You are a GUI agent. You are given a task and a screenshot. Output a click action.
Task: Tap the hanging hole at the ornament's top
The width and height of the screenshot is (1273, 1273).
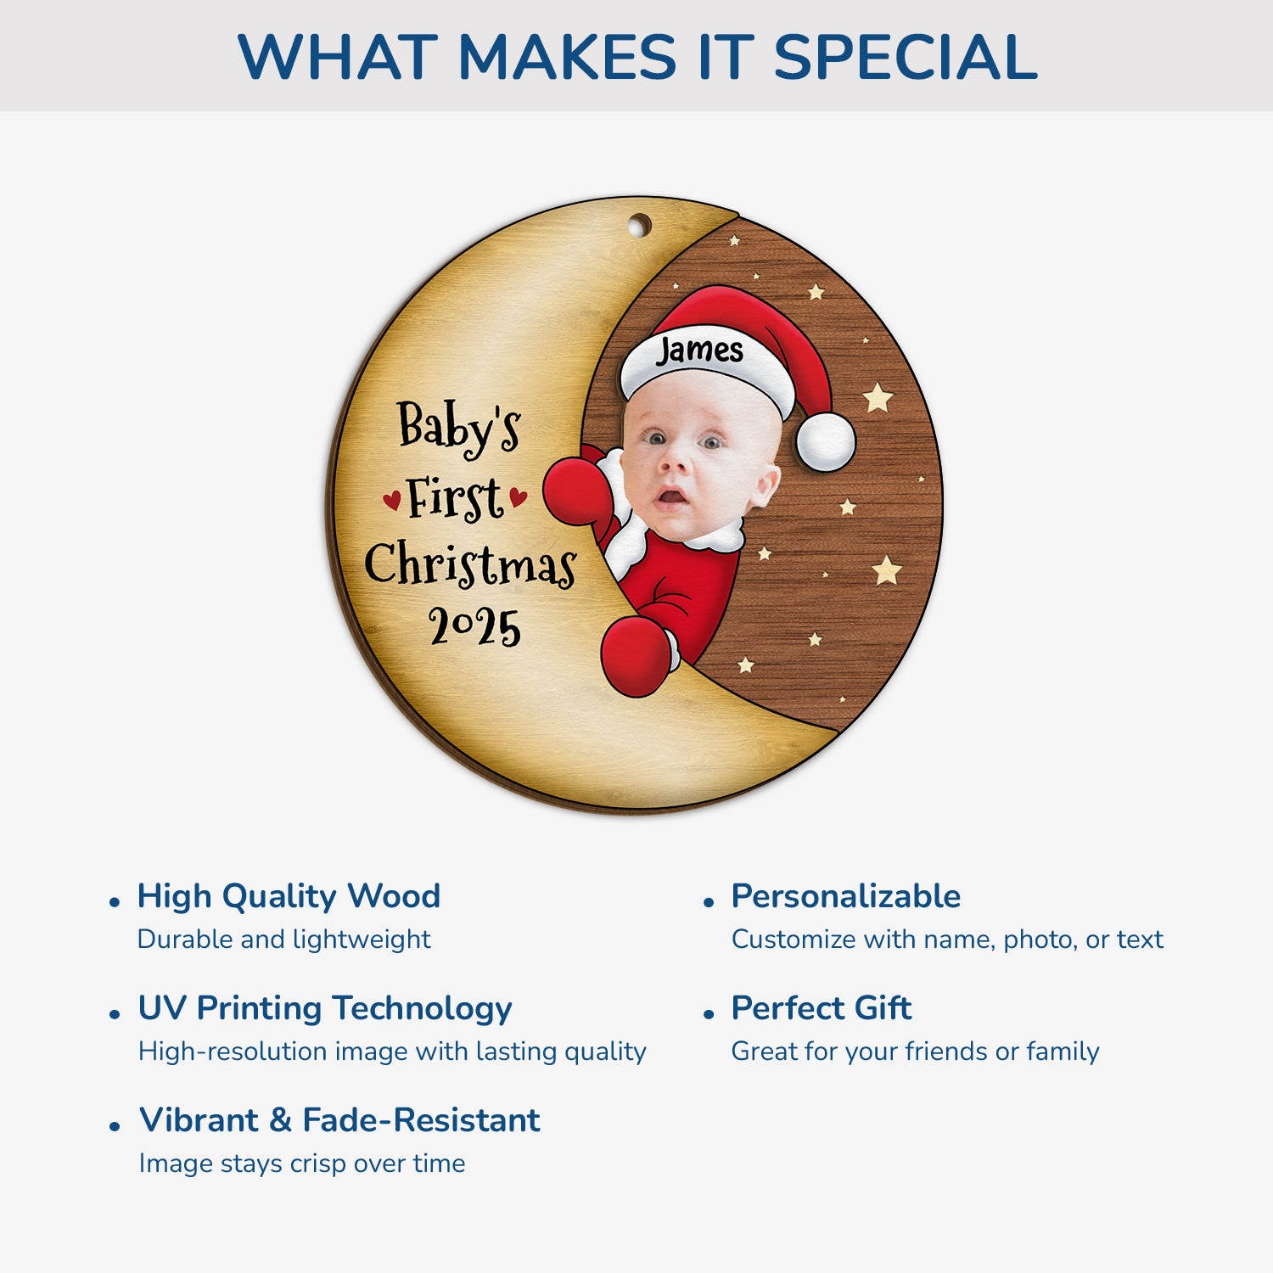point(639,226)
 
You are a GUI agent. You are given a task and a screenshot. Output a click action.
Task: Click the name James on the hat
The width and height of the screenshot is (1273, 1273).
point(699,350)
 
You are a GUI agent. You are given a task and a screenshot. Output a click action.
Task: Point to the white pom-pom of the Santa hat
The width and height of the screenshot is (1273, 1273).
point(826,441)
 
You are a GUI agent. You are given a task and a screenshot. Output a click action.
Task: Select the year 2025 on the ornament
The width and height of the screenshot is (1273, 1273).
point(474,627)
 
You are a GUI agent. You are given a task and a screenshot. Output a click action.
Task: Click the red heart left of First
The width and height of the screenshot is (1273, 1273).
point(391,500)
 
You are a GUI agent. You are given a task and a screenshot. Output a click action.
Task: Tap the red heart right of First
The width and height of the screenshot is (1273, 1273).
point(518,497)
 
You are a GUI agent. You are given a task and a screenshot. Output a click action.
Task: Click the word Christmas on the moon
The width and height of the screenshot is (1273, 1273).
point(470,564)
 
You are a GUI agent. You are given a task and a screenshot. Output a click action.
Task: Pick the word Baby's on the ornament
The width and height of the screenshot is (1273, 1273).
point(458,427)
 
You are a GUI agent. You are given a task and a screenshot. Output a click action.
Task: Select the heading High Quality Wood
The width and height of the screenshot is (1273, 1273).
point(289,896)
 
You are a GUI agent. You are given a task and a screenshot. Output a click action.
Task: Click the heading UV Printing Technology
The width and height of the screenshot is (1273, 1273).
point(325,1008)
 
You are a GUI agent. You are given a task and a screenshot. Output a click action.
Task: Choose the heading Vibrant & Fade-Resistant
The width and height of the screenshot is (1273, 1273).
point(339,1120)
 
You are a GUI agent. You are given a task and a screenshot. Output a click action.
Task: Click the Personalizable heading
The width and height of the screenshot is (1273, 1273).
point(845,896)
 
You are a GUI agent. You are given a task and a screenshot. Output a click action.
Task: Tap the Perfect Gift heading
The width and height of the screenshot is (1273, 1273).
point(821,1008)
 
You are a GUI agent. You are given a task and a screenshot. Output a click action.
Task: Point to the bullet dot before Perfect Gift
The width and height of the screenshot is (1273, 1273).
point(709,1014)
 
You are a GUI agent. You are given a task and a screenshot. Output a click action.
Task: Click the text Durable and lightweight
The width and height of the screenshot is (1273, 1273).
point(283,939)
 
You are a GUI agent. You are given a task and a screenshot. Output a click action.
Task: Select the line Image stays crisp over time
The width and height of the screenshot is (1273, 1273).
point(302,1164)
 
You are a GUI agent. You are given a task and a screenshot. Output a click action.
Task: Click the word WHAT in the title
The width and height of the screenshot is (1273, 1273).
point(337,57)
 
